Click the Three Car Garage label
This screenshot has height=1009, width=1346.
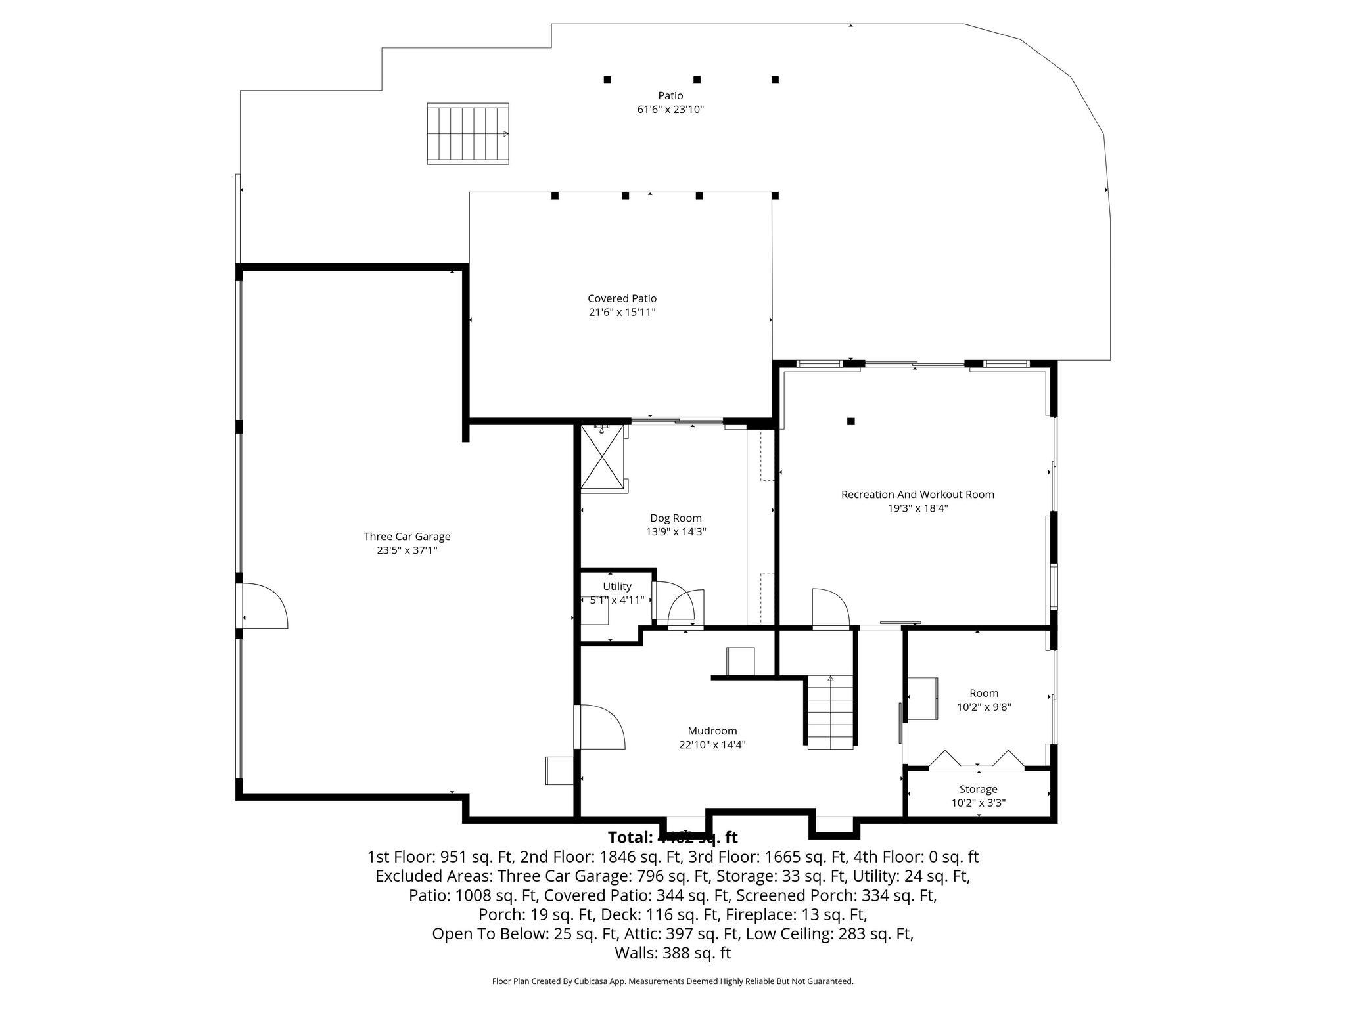pyautogui.click(x=407, y=536)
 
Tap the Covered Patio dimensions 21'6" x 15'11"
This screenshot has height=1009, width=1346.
pyautogui.click(x=622, y=312)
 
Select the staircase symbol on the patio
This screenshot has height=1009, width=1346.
pyautogui.click(x=468, y=133)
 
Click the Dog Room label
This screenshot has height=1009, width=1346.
pyautogui.click(x=676, y=518)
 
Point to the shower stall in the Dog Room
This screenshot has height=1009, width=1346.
pyautogui.click(x=601, y=457)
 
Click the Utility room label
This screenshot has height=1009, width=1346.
pyautogui.click(x=617, y=586)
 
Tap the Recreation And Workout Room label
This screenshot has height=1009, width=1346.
pyautogui.click(x=917, y=494)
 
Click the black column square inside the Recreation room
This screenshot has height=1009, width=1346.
pyautogui.click(x=850, y=421)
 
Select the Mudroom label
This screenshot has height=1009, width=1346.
pyautogui.click(x=712, y=730)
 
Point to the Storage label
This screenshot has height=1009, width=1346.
pyautogui.click(x=978, y=789)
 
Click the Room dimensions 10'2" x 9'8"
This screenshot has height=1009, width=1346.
pyautogui.click(x=983, y=707)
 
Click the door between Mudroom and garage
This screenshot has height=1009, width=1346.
pyautogui.click(x=600, y=727)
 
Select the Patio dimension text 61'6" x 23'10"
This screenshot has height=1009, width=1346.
pyautogui.click(x=670, y=110)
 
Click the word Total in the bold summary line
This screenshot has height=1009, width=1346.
pyautogui.click(x=630, y=838)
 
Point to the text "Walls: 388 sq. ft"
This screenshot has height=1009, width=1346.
pyautogui.click(x=672, y=953)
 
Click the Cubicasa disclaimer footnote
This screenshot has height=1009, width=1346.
pyautogui.click(x=672, y=981)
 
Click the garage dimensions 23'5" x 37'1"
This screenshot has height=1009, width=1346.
pyautogui.click(x=407, y=550)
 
